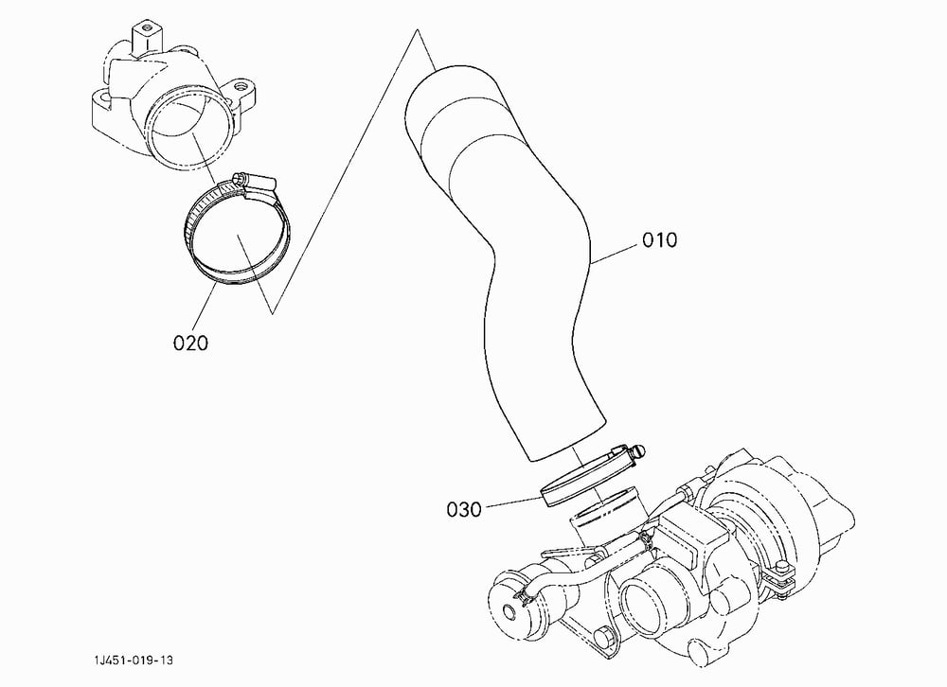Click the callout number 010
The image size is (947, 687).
[659, 240]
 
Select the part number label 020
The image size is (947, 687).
[190, 343]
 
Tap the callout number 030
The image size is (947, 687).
[464, 509]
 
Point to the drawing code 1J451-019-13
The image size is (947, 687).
[133, 660]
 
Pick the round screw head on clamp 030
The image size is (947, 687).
[639, 451]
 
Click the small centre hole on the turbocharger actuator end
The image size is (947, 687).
[511, 612]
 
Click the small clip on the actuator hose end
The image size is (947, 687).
[523, 598]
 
